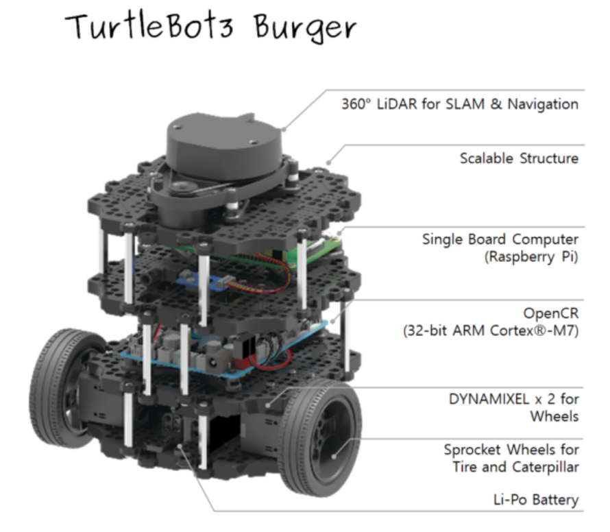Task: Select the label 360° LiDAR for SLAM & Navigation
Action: pyautogui.click(x=459, y=105)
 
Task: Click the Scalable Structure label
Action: pyautogui.click(x=519, y=158)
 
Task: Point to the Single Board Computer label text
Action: pyautogui.click(x=500, y=240)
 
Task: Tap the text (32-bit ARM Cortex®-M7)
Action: pyautogui.click(x=490, y=332)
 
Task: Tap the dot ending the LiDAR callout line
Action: pyautogui.click(x=284, y=128)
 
